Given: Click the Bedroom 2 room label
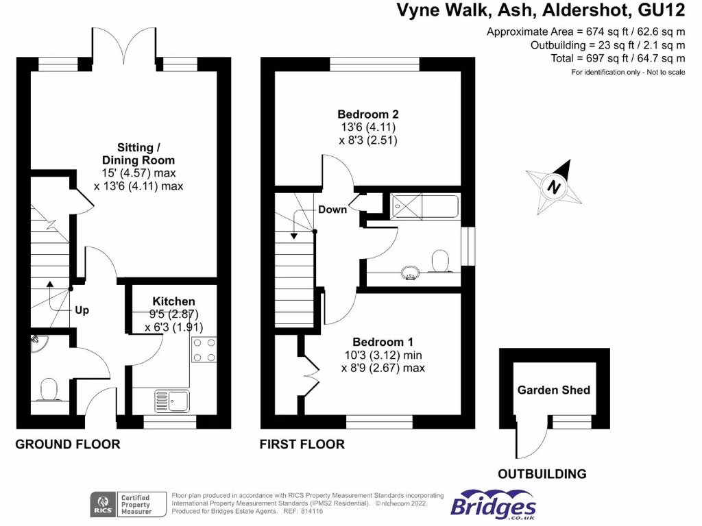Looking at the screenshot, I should (367, 114).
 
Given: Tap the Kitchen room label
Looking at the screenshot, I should (173, 301).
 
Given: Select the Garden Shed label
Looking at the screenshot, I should (553, 390).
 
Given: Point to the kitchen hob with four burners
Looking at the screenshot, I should (203, 350).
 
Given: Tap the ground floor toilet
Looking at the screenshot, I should (49, 390).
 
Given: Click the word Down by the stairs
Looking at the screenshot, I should (332, 210).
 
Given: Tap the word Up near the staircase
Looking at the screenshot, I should (82, 310).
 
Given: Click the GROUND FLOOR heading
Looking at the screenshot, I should (68, 444).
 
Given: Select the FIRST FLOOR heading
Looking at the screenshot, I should (302, 444).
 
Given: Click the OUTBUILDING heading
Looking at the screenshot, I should (542, 473).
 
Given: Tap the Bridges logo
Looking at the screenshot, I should (493, 505).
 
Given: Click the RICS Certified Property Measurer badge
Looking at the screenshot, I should (129, 505).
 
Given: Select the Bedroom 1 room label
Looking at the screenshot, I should (383, 342).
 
